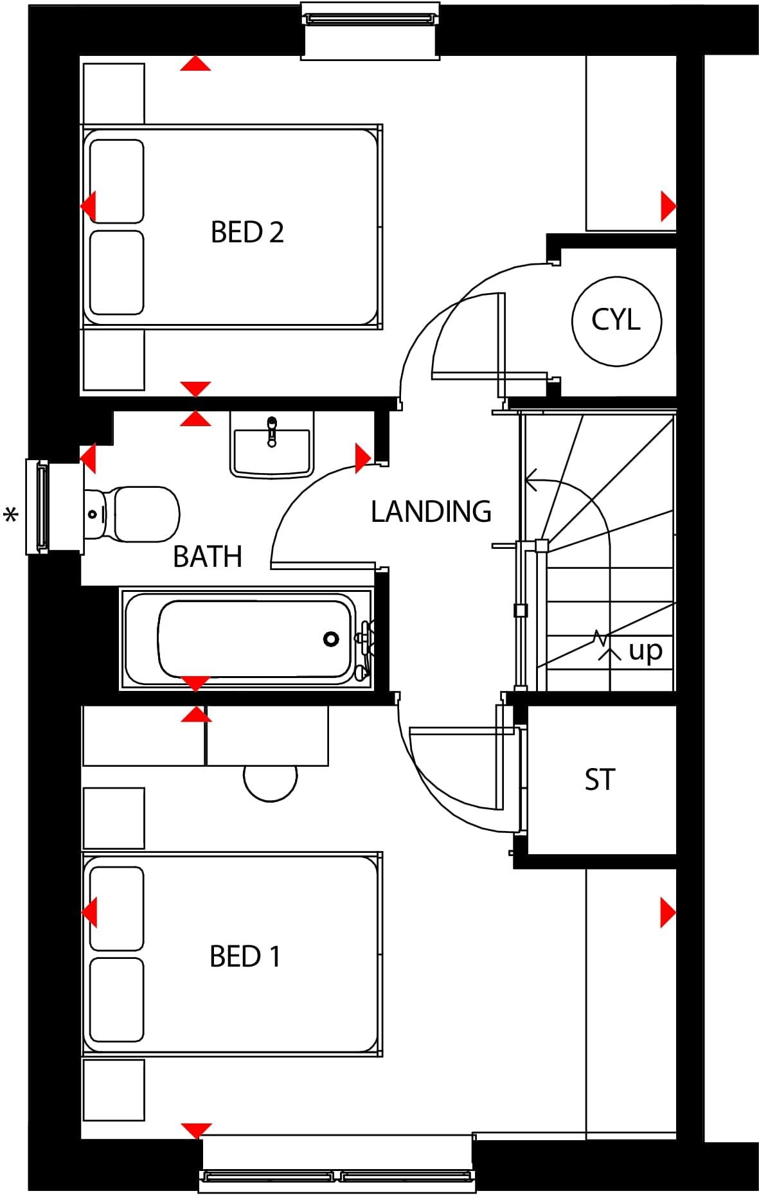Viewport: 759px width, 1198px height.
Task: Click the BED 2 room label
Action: (247, 232)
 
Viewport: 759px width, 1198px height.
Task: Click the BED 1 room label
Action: (245, 956)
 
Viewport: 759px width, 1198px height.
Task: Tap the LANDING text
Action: (431, 512)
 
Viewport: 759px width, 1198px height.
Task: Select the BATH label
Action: (208, 557)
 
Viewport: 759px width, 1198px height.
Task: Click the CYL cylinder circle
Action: (616, 320)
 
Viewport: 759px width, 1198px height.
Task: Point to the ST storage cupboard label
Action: (600, 780)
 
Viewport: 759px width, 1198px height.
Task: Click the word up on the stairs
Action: (645, 650)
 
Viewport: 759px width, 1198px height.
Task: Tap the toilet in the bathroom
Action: (138, 514)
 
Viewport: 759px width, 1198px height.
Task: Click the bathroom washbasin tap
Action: (272, 429)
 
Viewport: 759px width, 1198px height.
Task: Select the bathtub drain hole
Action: (331, 639)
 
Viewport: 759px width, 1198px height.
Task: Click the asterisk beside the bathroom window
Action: (11, 515)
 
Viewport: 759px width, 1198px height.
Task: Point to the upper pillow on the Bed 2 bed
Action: (116, 181)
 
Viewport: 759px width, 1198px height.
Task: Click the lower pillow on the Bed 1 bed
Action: (116, 999)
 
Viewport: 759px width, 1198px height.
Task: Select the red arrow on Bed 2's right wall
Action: (668, 207)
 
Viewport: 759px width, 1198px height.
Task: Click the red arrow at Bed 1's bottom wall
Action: (196, 1131)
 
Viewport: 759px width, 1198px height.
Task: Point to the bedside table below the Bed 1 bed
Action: (114, 1091)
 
